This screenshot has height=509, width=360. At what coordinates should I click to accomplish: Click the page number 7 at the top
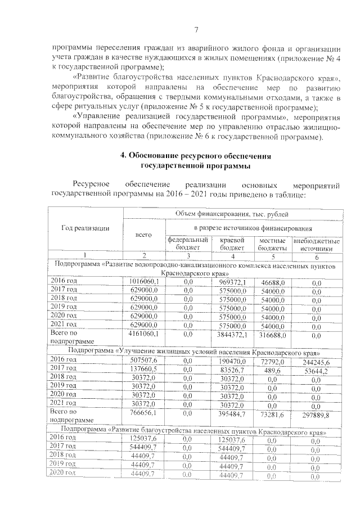click(x=196, y=30)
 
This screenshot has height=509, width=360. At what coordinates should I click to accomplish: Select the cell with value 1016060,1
click(x=145, y=281)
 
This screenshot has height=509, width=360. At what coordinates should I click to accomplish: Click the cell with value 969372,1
click(x=233, y=281)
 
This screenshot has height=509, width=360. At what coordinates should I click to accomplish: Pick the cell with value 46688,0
click(x=273, y=281)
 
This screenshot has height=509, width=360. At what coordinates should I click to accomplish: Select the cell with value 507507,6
click(x=146, y=359)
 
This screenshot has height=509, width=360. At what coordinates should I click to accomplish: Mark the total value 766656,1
click(x=146, y=413)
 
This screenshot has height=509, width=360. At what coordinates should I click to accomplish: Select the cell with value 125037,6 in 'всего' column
click(x=145, y=438)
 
